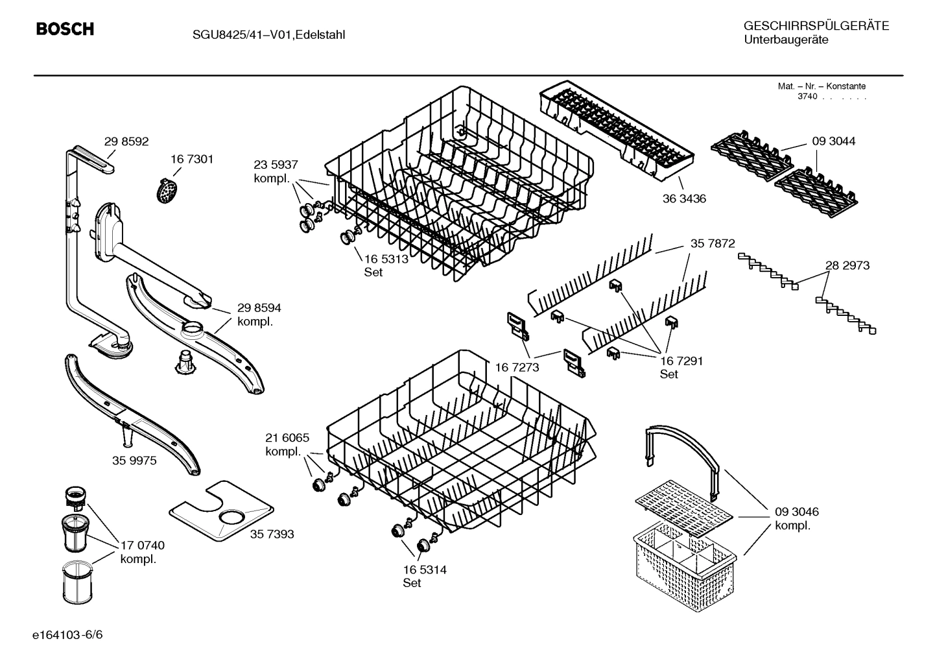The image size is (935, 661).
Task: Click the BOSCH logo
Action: click(65, 29)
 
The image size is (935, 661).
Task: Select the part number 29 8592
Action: click(126, 141)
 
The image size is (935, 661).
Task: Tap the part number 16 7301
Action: click(192, 159)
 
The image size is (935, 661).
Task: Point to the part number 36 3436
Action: click(684, 198)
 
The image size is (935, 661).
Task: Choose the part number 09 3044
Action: click(833, 141)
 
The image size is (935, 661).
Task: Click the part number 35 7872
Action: click(713, 243)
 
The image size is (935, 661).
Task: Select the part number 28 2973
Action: click(847, 265)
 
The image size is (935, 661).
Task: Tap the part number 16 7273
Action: click(517, 368)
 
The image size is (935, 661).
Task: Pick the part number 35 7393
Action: click(272, 534)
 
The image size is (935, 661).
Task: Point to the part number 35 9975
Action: click(134, 460)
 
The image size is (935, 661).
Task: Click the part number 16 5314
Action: click(425, 570)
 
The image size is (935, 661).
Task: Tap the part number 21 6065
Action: click(287, 438)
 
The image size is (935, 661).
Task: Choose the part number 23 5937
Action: click(276, 165)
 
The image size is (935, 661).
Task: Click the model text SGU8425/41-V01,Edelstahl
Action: click(268, 34)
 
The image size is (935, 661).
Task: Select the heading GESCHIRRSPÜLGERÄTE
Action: click(816, 26)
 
